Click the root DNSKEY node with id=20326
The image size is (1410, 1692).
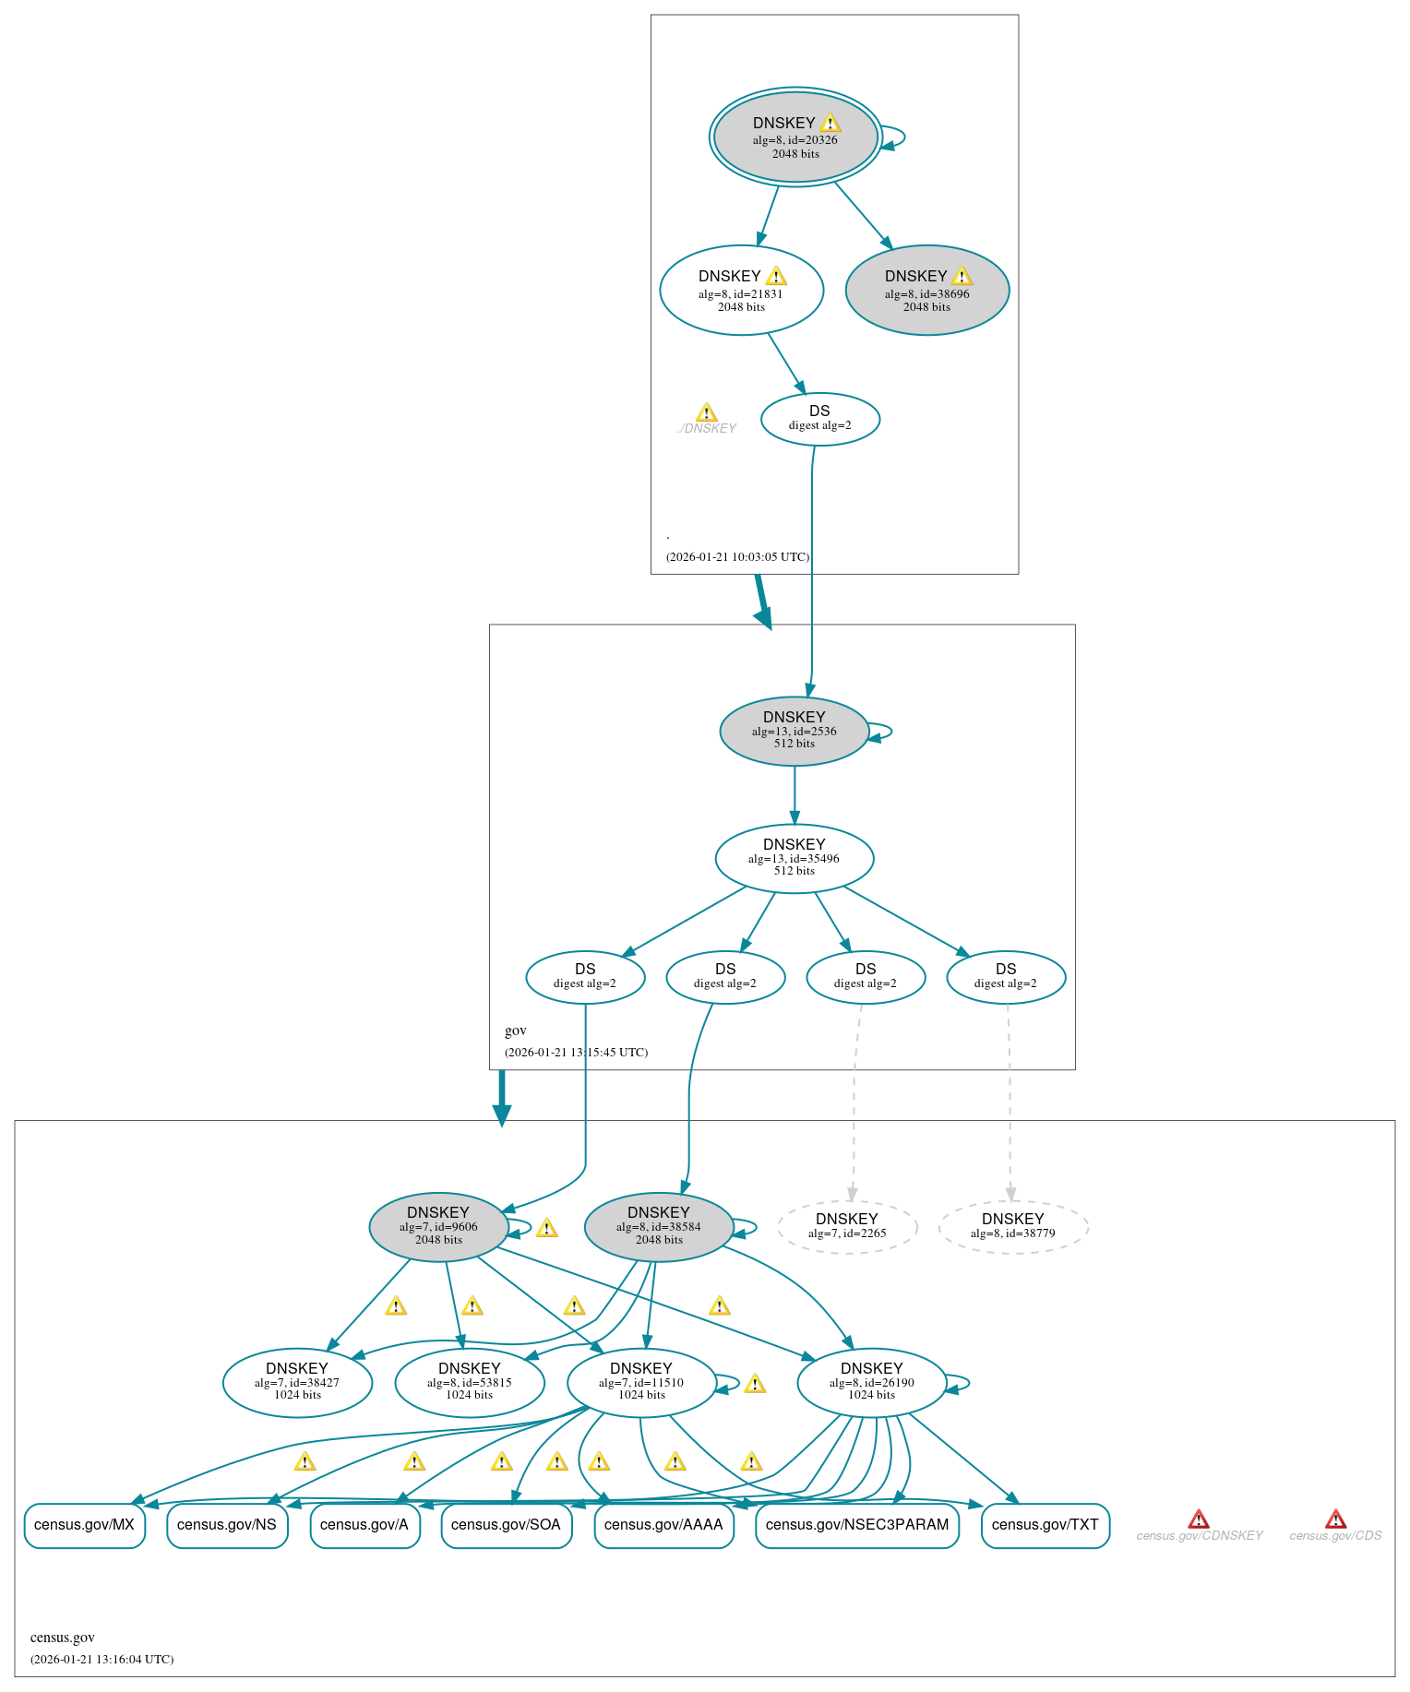coord(795,137)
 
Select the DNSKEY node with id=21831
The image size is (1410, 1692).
coord(741,291)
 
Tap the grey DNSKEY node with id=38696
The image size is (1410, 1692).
coord(926,291)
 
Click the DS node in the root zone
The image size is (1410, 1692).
coord(819,419)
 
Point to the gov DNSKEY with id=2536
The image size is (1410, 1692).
coord(794,731)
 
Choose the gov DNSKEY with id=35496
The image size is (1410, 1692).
coord(794,858)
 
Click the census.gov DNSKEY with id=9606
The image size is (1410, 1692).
coord(438,1226)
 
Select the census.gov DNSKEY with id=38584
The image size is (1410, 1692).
coord(658,1226)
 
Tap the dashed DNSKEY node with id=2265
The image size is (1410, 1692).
coord(846,1227)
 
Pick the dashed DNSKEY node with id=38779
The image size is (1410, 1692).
coord(1012,1227)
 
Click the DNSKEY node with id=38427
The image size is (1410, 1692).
coord(297,1382)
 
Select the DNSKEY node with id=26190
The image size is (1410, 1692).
coord(871,1382)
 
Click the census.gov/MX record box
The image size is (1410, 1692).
coord(84,1524)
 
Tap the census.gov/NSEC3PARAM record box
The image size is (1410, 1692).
coord(856,1524)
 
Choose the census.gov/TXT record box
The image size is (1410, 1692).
coord(1045,1524)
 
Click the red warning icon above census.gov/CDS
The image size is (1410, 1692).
coord(1334,1519)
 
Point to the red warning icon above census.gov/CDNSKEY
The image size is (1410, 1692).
coord(1198,1519)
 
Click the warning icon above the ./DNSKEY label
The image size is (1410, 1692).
coord(706,412)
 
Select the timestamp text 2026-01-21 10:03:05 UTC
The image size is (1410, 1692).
coord(737,556)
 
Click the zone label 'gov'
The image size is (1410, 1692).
coord(515,1031)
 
